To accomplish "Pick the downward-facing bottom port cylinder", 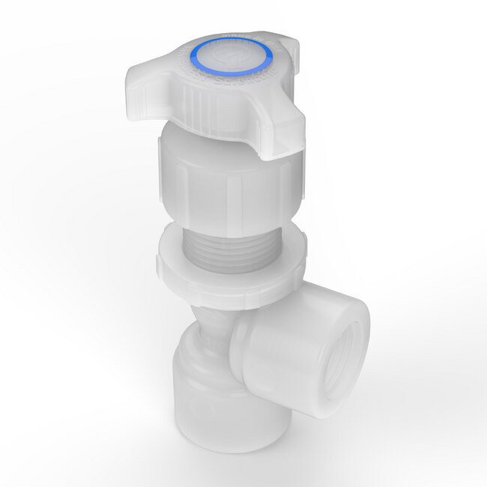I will [214, 397].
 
